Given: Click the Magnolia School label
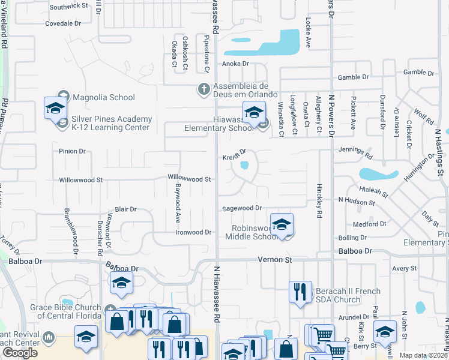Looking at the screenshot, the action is tap(103, 97).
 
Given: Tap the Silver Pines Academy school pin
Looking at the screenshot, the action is tap(55, 108).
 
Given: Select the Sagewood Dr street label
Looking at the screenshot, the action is tap(242, 208).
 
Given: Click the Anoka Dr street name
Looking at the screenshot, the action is tap(235, 64).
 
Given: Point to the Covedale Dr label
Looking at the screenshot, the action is tap(63, 24).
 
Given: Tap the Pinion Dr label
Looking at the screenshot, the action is tap(72, 151).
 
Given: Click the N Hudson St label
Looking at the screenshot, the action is tap(357, 200).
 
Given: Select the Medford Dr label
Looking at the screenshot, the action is tap(369, 224).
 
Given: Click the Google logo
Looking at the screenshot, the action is tap(20, 352).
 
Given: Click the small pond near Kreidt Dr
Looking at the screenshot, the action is tap(244, 165).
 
